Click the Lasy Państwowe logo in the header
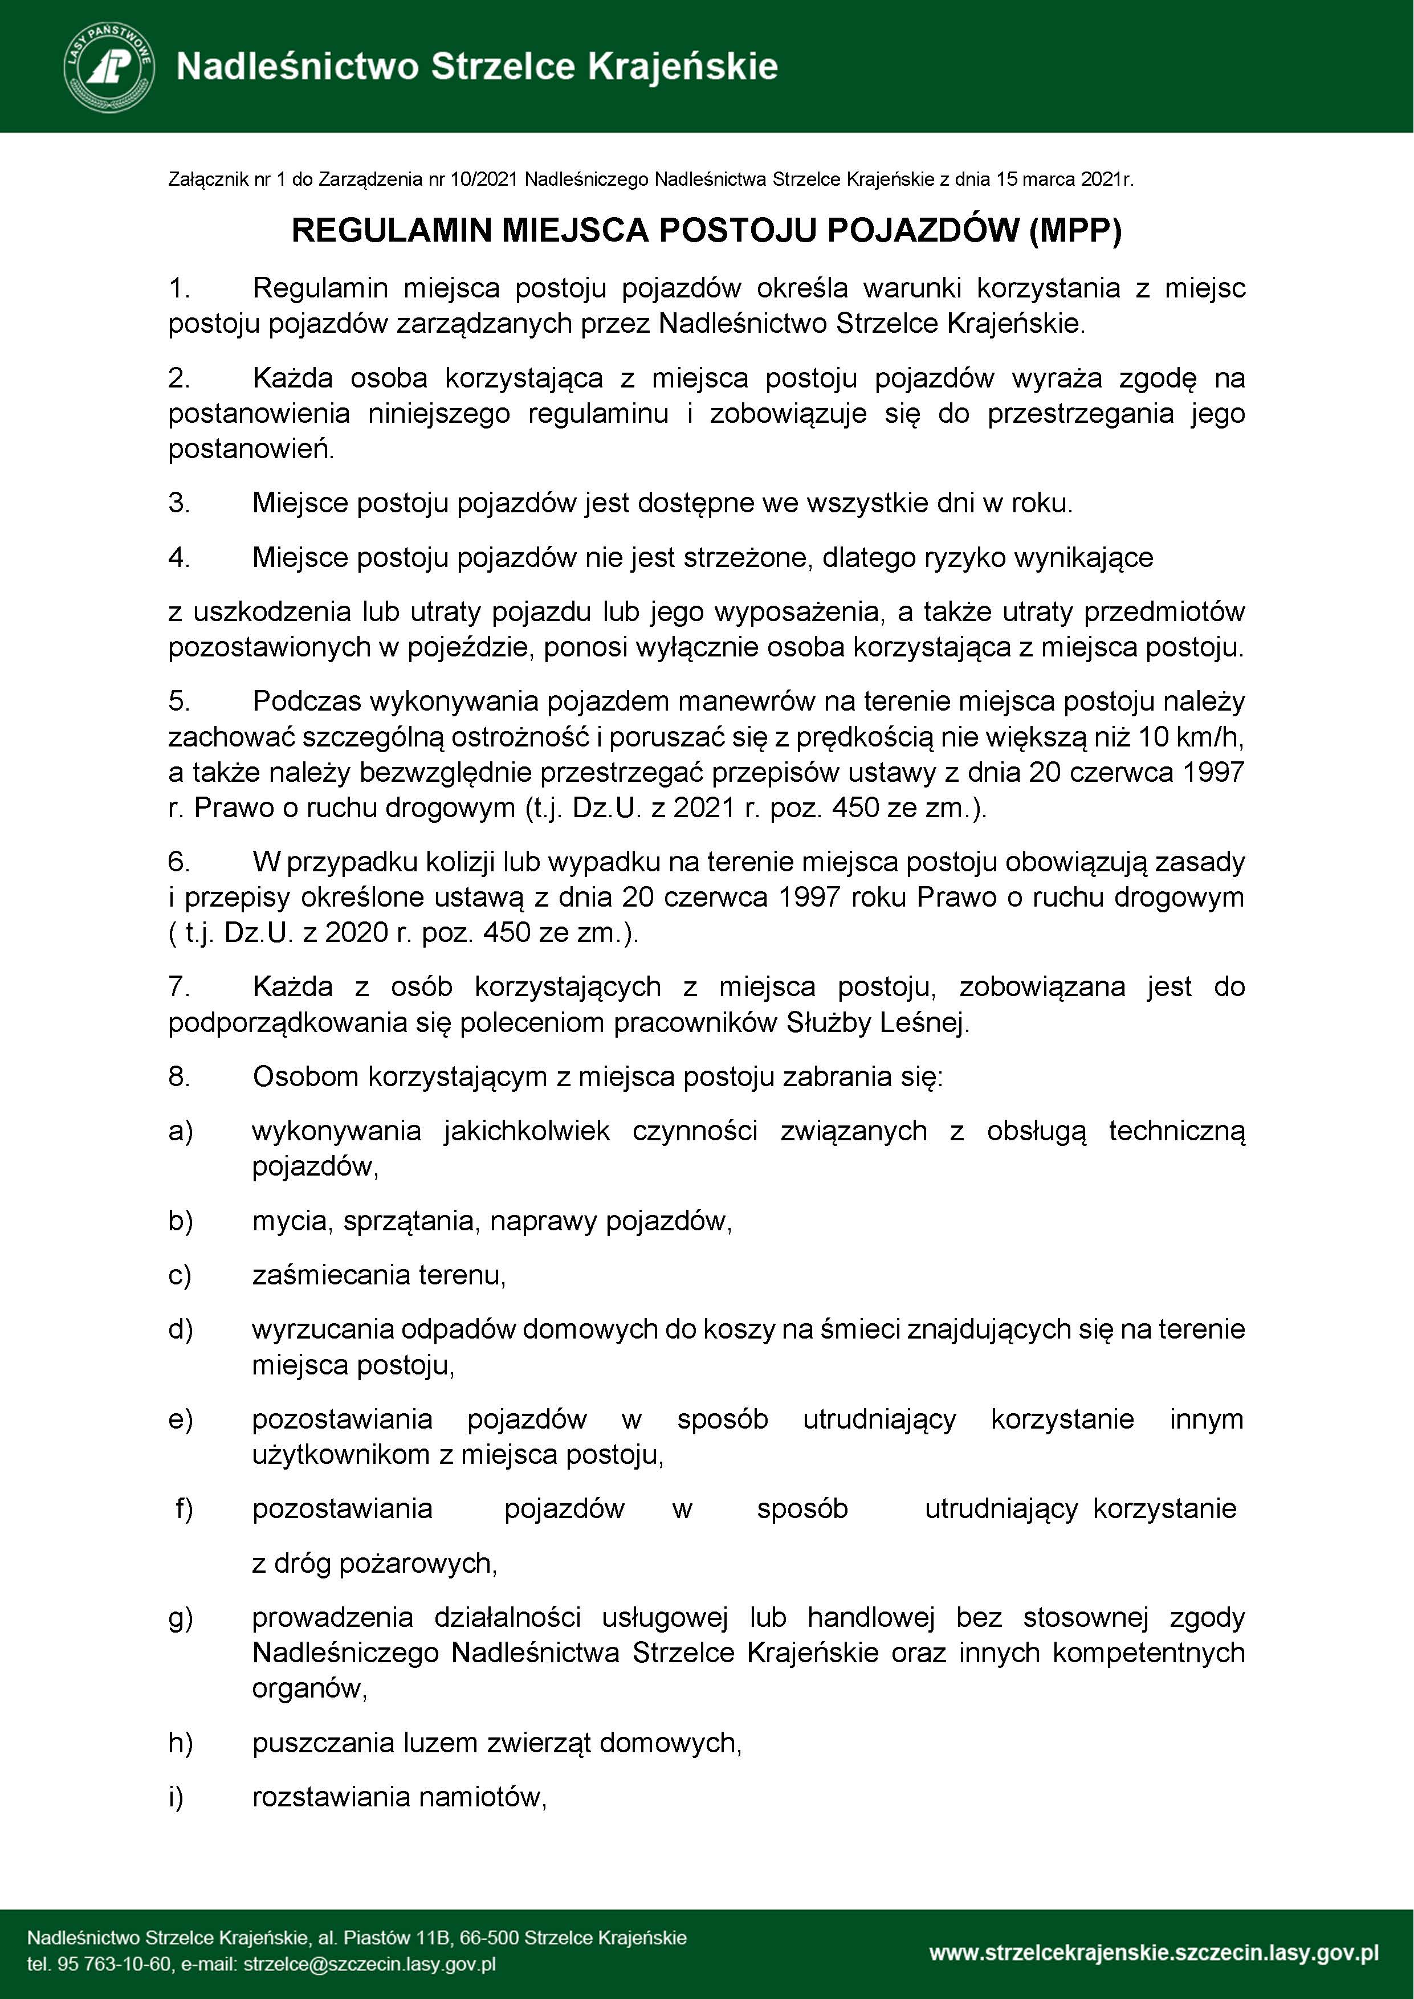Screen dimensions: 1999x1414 click(109, 67)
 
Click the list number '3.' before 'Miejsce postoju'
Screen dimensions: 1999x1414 click(180, 503)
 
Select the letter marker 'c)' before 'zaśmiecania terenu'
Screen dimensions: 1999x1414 click(180, 1275)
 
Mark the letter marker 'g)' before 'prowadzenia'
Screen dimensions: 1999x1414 click(180, 1618)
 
